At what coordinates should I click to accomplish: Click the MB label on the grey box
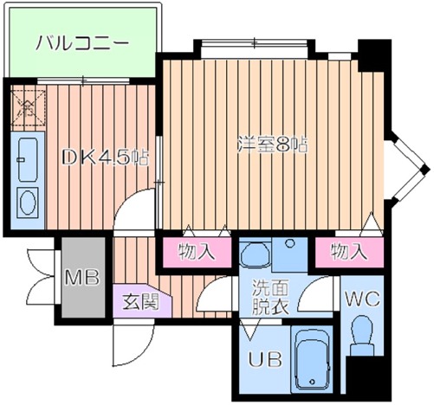83,278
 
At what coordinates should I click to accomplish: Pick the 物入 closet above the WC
348,252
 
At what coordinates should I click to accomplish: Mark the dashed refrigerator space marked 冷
27,107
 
